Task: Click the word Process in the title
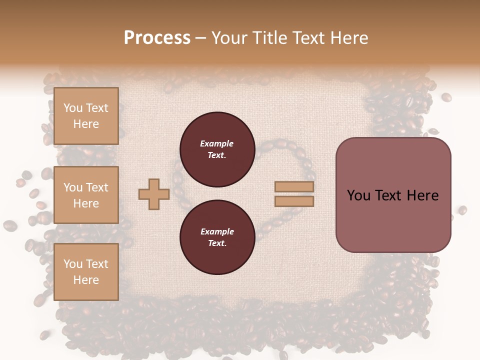click(x=157, y=38)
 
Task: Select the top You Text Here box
click(x=86, y=116)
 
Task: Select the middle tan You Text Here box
click(x=86, y=195)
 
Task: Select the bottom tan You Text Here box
click(x=86, y=271)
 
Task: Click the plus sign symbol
click(x=154, y=194)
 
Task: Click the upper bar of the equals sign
click(x=294, y=186)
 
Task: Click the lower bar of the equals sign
click(x=294, y=201)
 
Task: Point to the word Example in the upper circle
click(x=216, y=143)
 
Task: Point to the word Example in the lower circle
click(x=217, y=231)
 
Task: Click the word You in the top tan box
click(x=72, y=108)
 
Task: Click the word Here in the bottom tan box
click(x=86, y=280)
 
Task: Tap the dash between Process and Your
click(x=201, y=38)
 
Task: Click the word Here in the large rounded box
click(x=422, y=195)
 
